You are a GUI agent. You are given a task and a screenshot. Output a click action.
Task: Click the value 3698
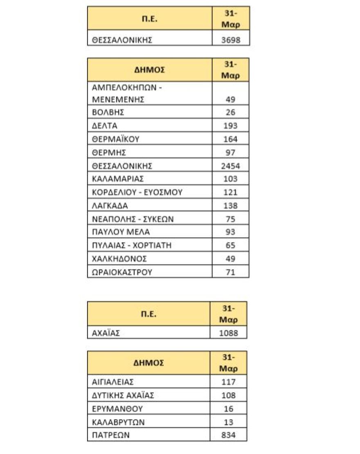(230, 40)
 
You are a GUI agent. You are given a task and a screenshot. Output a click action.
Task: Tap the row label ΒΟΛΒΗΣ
(108, 112)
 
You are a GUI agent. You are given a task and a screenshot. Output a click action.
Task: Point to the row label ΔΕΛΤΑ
(105, 126)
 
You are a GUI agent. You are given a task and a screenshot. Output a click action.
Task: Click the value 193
(230, 126)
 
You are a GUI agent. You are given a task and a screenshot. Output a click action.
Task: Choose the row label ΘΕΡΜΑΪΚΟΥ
(116, 139)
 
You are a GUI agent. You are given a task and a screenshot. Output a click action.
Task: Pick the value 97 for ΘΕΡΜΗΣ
(230, 153)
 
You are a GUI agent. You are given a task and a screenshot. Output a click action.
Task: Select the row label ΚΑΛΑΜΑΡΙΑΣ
(118, 179)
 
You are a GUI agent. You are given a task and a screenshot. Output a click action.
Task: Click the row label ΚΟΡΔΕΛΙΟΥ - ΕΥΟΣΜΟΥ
(137, 192)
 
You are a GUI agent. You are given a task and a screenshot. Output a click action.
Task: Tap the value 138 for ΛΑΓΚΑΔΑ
(230, 205)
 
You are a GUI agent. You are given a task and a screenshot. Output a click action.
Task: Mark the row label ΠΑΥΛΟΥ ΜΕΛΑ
(121, 232)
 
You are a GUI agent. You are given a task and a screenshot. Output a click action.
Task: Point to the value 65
(230, 245)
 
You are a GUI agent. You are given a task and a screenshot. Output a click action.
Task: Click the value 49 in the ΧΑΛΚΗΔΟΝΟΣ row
(230, 258)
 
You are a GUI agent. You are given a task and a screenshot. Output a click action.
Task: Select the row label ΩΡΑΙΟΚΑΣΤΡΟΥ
(122, 272)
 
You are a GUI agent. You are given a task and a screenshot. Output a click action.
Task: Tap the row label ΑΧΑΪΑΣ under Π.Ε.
(106, 333)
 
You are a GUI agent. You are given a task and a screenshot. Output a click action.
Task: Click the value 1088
(229, 333)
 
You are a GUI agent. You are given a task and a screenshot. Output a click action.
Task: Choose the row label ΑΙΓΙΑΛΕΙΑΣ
(113, 382)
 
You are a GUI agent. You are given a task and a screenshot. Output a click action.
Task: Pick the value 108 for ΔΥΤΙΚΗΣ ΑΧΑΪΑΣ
(229, 396)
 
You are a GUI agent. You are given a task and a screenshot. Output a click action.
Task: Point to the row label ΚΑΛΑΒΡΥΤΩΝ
(118, 422)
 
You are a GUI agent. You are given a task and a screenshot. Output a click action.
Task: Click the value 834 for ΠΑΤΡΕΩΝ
(229, 435)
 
